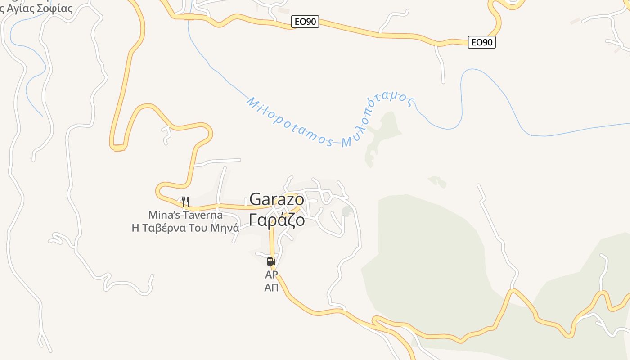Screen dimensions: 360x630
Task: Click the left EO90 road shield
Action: coord(305,22)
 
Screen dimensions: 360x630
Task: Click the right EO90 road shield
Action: coord(481,43)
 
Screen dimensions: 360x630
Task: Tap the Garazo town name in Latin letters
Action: coord(276,199)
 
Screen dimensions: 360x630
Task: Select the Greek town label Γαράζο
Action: coord(276,220)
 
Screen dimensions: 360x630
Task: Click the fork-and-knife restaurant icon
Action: coord(184,201)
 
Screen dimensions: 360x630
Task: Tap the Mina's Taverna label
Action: coord(185,215)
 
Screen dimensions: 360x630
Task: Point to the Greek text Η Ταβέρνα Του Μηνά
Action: coord(185,228)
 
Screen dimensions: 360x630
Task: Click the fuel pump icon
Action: coord(271,261)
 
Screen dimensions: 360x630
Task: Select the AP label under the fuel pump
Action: coord(271,274)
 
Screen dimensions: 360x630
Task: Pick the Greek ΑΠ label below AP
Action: coord(271,288)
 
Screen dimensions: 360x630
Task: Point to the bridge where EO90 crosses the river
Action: coord(189,17)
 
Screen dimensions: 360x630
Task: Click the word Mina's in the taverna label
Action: coord(164,215)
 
